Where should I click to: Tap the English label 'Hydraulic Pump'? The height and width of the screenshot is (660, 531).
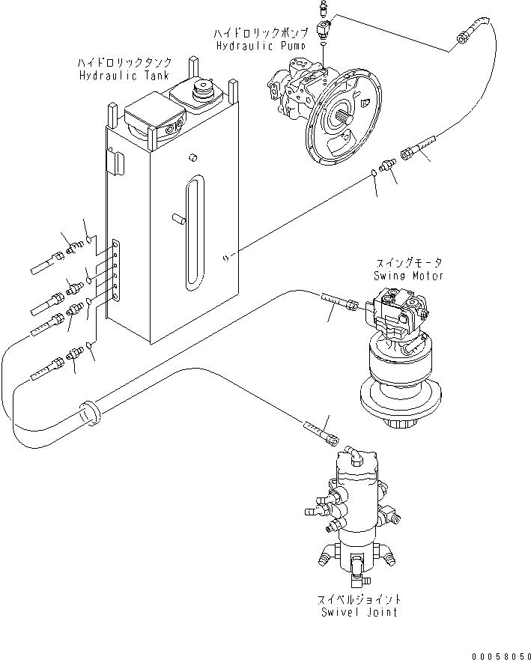pos(249,46)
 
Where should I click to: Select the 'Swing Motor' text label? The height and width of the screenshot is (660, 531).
pos(408,276)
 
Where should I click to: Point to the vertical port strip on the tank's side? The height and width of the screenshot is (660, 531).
pos(115,269)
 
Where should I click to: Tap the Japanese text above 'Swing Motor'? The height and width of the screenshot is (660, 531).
pos(409,263)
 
